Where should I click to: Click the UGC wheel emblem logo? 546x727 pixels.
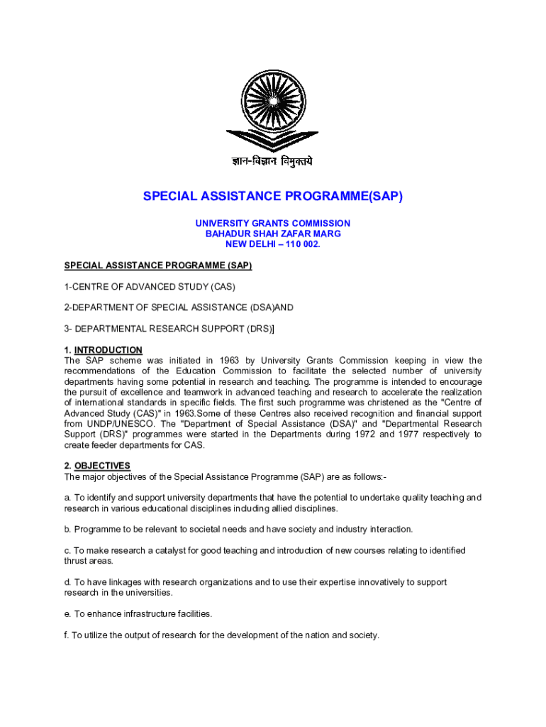(x=273, y=106)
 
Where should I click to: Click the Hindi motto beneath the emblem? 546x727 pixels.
(x=273, y=162)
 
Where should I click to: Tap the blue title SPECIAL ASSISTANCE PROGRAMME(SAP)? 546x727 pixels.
(x=273, y=196)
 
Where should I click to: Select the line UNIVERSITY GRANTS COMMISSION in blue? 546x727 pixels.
(x=273, y=223)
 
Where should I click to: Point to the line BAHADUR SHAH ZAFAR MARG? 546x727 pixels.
(x=273, y=234)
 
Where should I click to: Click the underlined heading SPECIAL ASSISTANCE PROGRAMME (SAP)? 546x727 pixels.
(x=158, y=266)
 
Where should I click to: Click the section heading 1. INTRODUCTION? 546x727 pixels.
(x=104, y=350)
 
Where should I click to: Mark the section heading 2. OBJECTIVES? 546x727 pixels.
(x=97, y=466)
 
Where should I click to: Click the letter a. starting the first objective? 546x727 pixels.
(x=68, y=498)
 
